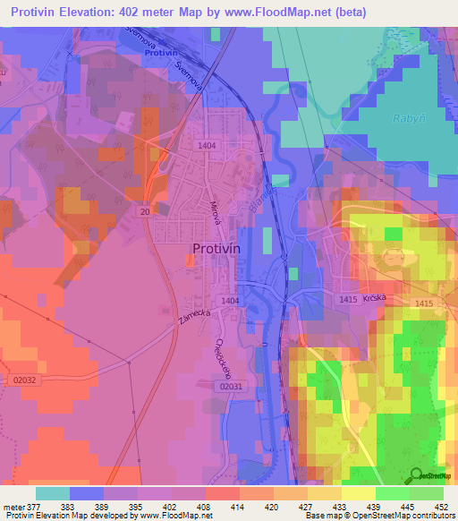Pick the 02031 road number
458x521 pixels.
coord(229,386)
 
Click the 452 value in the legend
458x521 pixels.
coord(440,507)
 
